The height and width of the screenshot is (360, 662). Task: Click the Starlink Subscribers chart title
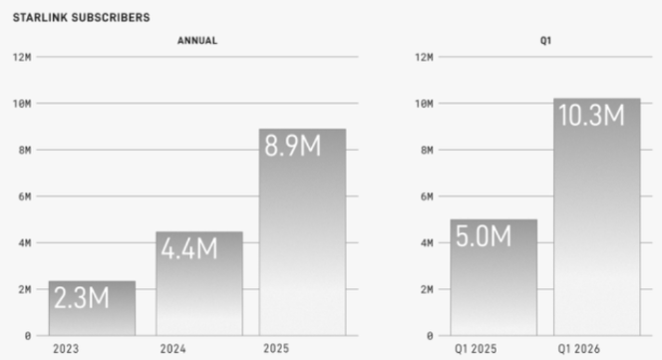[81, 17]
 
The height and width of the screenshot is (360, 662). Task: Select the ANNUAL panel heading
[197, 41]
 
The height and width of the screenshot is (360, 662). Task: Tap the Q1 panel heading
[545, 41]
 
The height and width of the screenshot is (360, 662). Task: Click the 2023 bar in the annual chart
[92, 308]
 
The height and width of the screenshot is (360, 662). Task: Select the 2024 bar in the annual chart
[199, 283]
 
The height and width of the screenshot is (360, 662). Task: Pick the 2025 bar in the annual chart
[303, 232]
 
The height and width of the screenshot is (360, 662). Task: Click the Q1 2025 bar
[494, 277]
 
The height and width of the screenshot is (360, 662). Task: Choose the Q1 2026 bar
[597, 217]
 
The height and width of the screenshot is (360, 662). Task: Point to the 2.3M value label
[82, 298]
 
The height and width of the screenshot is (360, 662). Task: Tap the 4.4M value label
[189, 248]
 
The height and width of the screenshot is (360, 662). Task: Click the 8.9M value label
[292, 146]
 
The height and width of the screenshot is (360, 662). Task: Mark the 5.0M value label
[484, 235]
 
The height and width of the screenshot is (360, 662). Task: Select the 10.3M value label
[591, 116]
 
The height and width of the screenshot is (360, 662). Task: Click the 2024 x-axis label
[172, 349]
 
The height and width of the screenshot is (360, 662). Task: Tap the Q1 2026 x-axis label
[578, 349]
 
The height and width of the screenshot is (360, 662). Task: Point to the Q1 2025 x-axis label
[476, 349]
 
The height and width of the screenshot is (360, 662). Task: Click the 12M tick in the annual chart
[22, 57]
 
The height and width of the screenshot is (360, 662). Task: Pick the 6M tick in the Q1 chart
[427, 196]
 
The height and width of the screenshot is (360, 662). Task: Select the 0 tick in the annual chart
[28, 336]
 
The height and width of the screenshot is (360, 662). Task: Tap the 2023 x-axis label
[66, 349]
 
